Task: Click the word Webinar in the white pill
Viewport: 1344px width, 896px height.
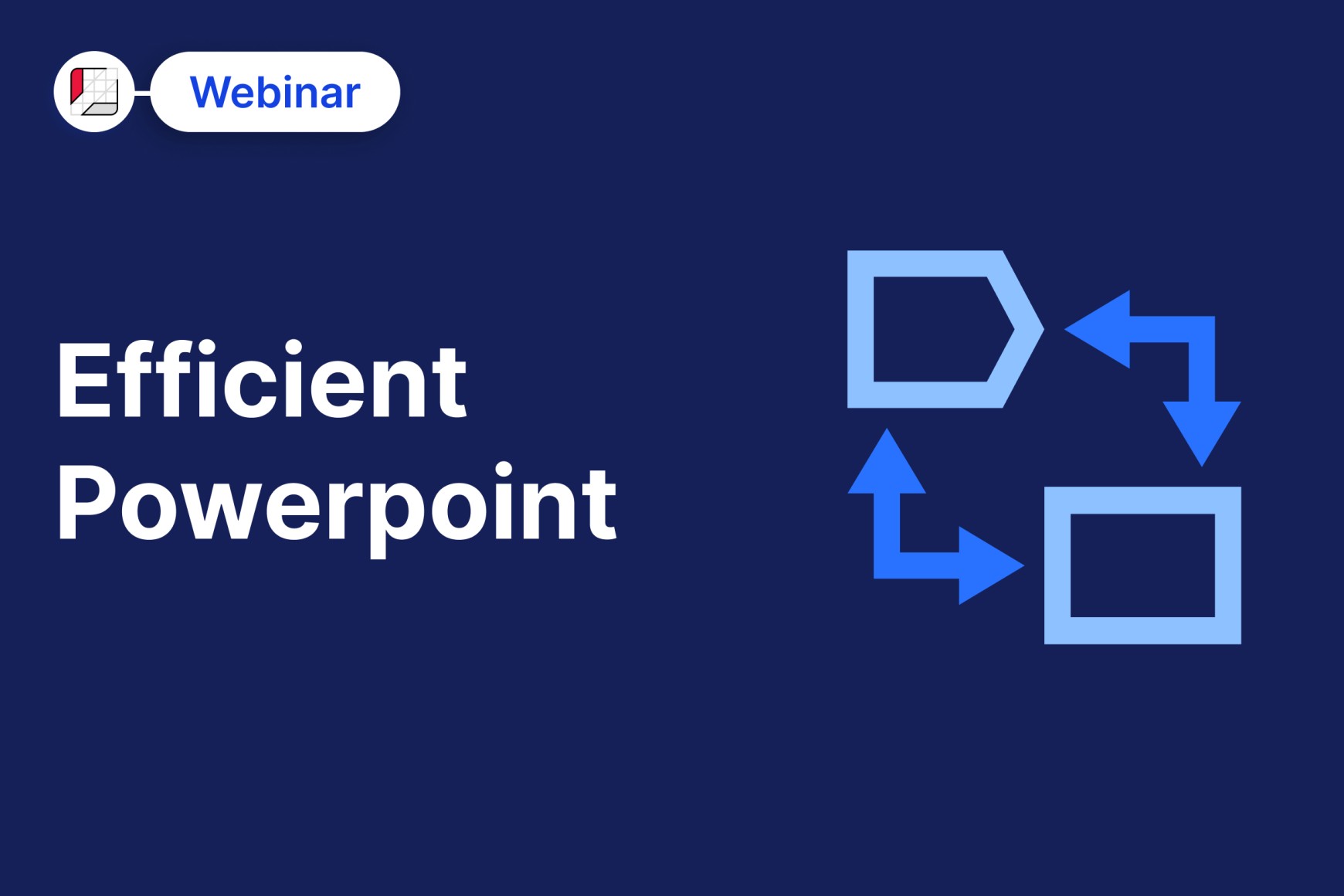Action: (x=275, y=92)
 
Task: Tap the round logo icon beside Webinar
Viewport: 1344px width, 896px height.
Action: (x=94, y=92)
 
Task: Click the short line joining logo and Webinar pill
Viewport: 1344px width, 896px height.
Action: (x=143, y=93)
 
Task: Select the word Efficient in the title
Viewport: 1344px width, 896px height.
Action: (x=262, y=380)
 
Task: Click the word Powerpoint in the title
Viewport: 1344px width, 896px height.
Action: (x=337, y=506)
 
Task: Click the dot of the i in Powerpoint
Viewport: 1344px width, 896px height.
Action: (x=504, y=470)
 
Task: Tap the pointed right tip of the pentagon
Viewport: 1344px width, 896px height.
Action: (x=1043, y=329)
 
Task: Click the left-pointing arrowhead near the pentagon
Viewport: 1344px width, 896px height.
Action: (x=1098, y=329)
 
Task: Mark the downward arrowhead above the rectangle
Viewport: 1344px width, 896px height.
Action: (x=1202, y=433)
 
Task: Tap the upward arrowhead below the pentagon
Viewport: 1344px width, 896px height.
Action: (x=887, y=462)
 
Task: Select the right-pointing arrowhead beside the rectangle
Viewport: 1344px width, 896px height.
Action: (x=991, y=565)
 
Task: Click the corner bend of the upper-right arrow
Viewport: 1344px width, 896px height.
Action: (x=1202, y=329)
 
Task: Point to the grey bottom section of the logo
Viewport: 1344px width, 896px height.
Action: (x=100, y=109)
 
